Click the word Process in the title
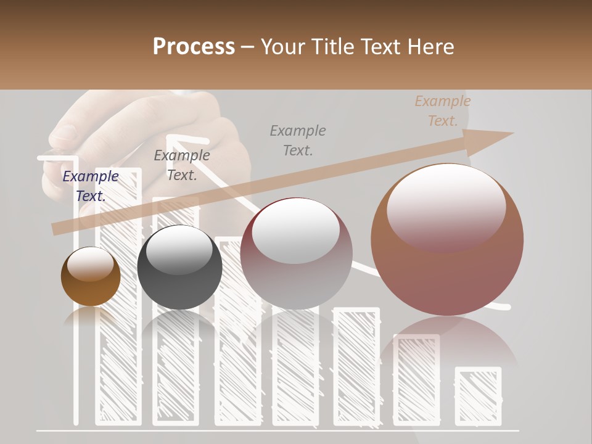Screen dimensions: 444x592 (x=194, y=47)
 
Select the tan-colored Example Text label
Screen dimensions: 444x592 (x=442, y=111)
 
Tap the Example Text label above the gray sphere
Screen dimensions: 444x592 (x=181, y=165)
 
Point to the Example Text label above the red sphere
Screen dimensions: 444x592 (x=298, y=141)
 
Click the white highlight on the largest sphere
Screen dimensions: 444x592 (x=446, y=207)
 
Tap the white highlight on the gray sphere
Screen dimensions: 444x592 (x=179, y=248)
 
